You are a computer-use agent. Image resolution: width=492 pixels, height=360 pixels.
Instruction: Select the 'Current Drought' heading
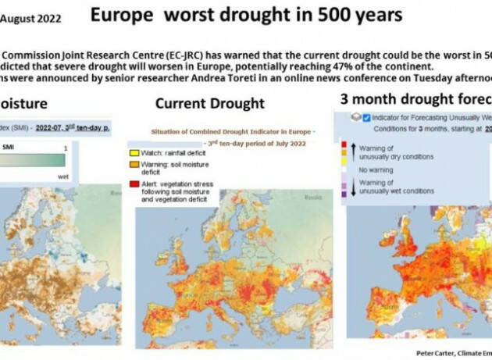209,103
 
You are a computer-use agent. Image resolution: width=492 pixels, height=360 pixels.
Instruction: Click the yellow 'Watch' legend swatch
135,151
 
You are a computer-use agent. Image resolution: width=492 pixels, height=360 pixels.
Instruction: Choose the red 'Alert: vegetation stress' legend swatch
135,182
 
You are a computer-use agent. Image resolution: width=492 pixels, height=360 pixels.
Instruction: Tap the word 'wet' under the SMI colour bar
64,176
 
